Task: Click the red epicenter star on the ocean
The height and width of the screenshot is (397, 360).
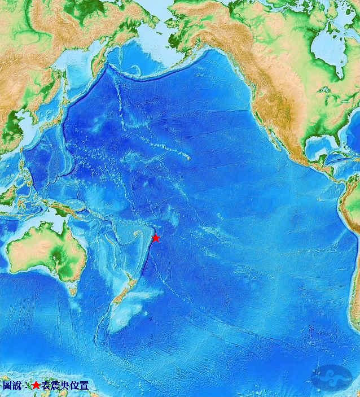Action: coord(156,238)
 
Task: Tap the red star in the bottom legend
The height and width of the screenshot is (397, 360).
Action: coord(36,386)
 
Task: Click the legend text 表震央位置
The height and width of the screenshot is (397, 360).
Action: coord(65,386)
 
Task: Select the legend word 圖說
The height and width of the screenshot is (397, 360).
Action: coord(12,386)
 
